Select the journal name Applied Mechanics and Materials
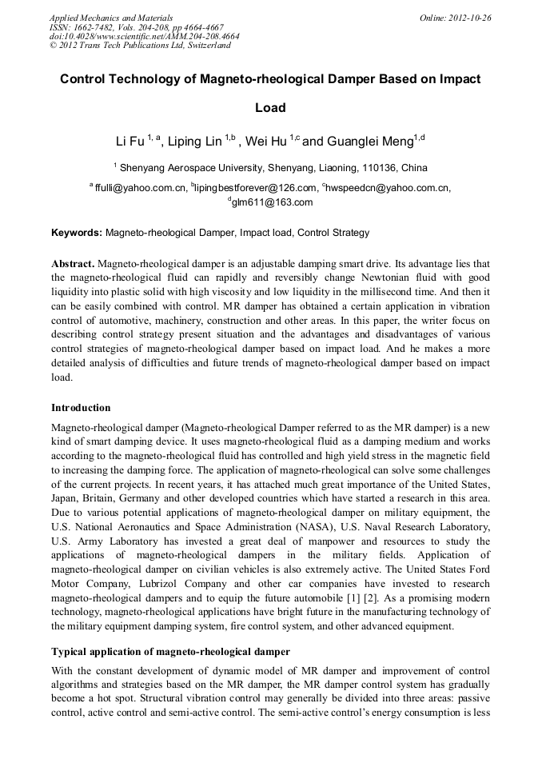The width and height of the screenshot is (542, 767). point(111,17)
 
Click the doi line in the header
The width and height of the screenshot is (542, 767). point(144,36)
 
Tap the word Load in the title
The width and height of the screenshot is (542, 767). point(270,107)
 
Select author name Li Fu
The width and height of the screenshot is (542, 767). point(130,142)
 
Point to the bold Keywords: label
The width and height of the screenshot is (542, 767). point(77,233)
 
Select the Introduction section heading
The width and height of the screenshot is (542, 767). point(81,407)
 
